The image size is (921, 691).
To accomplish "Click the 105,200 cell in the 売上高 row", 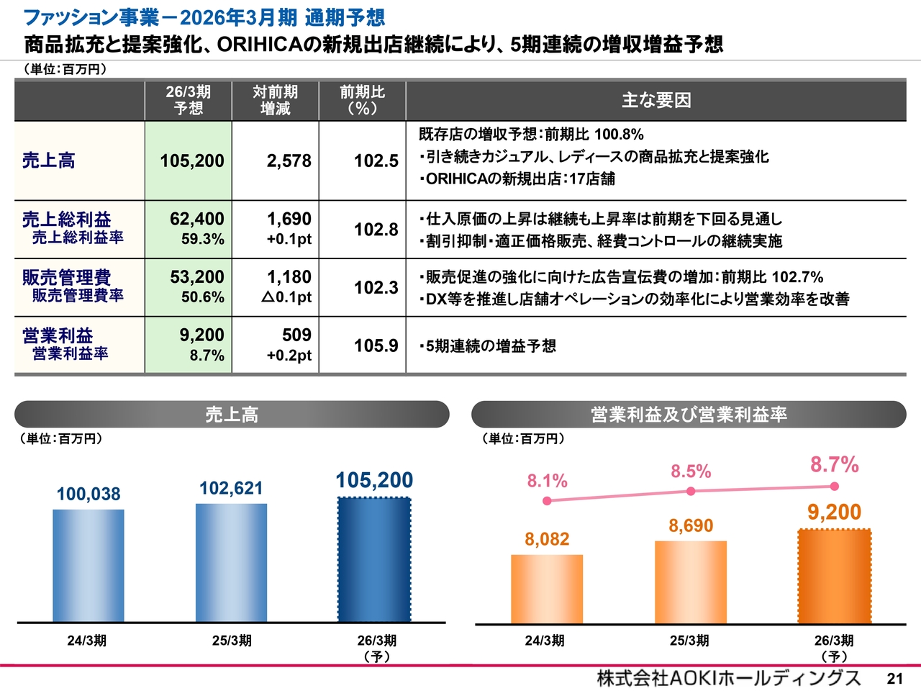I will [191, 161].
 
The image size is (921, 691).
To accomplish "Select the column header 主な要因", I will [656, 100].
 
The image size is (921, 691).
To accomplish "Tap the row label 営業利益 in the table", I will [58, 335].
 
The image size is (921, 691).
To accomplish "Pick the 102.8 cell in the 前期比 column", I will [376, 230].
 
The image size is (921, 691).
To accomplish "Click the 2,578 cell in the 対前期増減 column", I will [289, 161].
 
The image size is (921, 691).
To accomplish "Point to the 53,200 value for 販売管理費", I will [196, 277].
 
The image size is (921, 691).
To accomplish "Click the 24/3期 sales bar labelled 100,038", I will [89, 565].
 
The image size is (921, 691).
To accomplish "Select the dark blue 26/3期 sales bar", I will [374, 559].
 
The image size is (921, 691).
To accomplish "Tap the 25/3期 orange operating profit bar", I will [691, 582].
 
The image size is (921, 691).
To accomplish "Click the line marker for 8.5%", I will [691, 491].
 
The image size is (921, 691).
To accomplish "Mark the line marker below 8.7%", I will [835, 485].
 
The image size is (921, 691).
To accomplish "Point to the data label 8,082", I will [547, 539].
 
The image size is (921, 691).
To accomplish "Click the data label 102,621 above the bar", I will [231, 488].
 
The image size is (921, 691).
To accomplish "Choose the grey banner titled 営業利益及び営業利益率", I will [689, 415].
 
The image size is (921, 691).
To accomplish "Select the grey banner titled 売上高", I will [232, 415].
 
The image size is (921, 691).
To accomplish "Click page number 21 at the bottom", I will [894, 679].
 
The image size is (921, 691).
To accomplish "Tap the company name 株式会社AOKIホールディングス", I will [728, 678].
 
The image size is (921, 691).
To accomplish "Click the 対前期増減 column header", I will [275, 100].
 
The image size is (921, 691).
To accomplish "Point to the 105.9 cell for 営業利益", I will [376, 345].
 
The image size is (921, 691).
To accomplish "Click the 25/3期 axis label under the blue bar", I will [232, 641].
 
